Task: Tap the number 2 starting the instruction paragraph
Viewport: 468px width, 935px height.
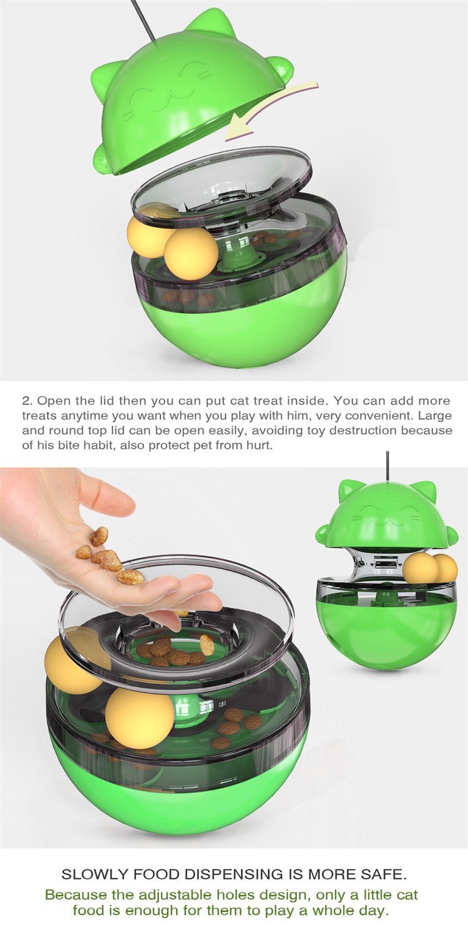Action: point(26,401)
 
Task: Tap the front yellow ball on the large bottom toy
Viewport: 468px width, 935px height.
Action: point(139,722)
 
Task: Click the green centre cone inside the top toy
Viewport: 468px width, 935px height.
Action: point(240,253)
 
